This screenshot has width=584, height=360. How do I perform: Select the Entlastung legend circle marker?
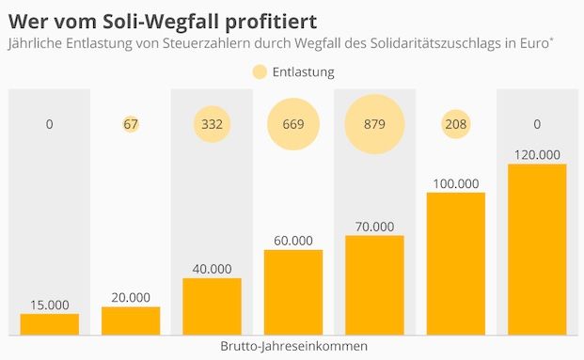point(260,71)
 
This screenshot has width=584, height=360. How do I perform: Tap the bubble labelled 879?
point(373,124)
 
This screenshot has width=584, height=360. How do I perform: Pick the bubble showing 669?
point(293,124)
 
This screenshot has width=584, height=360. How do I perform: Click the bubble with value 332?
point(212,124)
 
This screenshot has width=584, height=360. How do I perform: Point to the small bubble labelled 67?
point(131,124)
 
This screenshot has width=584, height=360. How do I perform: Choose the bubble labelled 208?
point(455,124)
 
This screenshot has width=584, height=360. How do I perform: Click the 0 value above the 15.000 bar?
point(49,124)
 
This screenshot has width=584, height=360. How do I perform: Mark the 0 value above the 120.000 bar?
point(537,124)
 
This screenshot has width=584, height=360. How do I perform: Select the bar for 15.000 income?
point(49,324)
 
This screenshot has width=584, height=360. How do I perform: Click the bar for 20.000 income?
point(131,321)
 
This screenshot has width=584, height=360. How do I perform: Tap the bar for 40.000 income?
point(212,306)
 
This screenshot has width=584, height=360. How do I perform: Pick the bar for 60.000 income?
point(293,292)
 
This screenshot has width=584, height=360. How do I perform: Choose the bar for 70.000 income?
point(374,285)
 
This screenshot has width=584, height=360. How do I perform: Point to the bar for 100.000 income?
point(456,263)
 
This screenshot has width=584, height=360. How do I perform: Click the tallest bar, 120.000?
point(537,249)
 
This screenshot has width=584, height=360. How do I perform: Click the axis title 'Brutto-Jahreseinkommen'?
point(292,346)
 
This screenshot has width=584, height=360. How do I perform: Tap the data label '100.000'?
point(456,183)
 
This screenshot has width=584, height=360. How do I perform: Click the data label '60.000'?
point(293,241)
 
